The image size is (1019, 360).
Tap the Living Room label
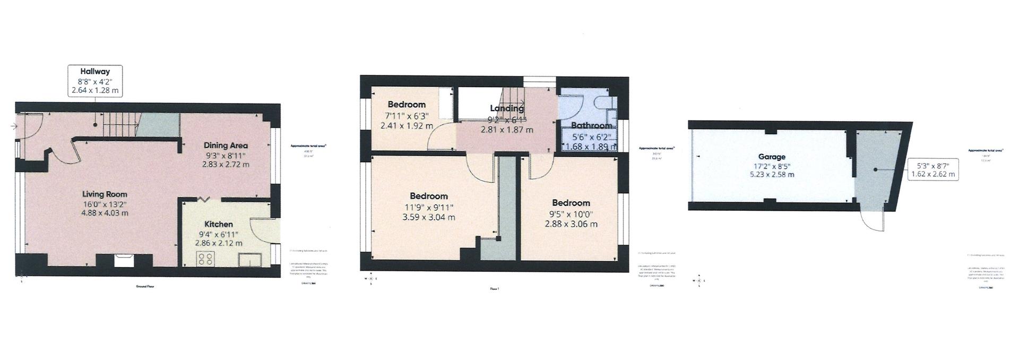pyautogui.click(x=105, y=194)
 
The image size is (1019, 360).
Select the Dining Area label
pyautogui.click(x=226, y=145)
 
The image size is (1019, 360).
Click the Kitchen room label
pyautogui.click(x=219, y=224)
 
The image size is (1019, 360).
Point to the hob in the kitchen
pyautogui.click(x=206, y=259)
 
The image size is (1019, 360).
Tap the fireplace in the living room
pyautogui.click(x=125, y=260)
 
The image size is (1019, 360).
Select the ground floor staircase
pyautogui.click(x=120, y=126)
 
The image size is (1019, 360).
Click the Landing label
pyautogui.click(x=507, y=108)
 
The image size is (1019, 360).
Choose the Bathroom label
pyautogui.click(x=591, y=126)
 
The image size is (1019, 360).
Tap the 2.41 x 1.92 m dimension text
pyautogui.click(x=407, y=126)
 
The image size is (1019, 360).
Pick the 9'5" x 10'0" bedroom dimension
pyautogui.click(x=571, y=214)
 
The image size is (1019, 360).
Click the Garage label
pyautogui.click(x=772, y=157)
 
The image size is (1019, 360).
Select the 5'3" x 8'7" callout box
pyautogui.click(x=932, y=169)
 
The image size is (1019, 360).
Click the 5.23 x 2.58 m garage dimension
pyautogui.click(x=772, y=174)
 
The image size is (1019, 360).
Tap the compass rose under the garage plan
pyautogui.click(x=700, y=281)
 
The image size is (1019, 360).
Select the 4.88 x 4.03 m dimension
pyautogui.click(x=105, y=213)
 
